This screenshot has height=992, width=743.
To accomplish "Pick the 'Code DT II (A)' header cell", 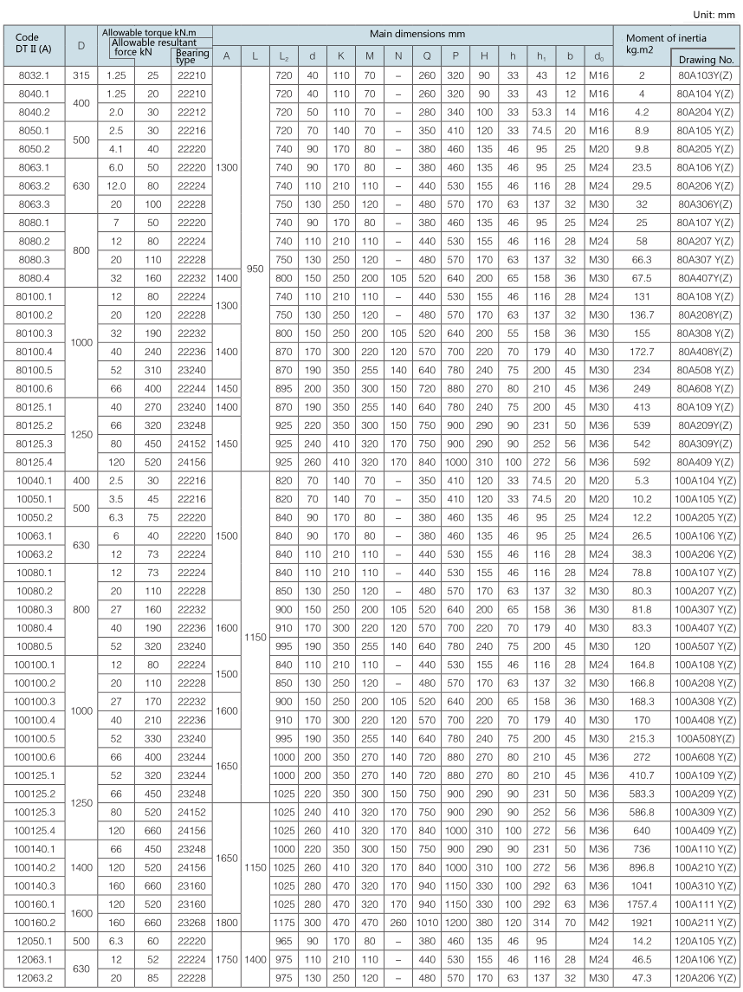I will click(34, 42).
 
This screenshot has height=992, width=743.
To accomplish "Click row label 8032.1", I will click(34, 76).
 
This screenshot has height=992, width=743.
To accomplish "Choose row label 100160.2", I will click(34, 920).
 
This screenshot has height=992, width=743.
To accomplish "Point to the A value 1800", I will click(227, 920).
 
